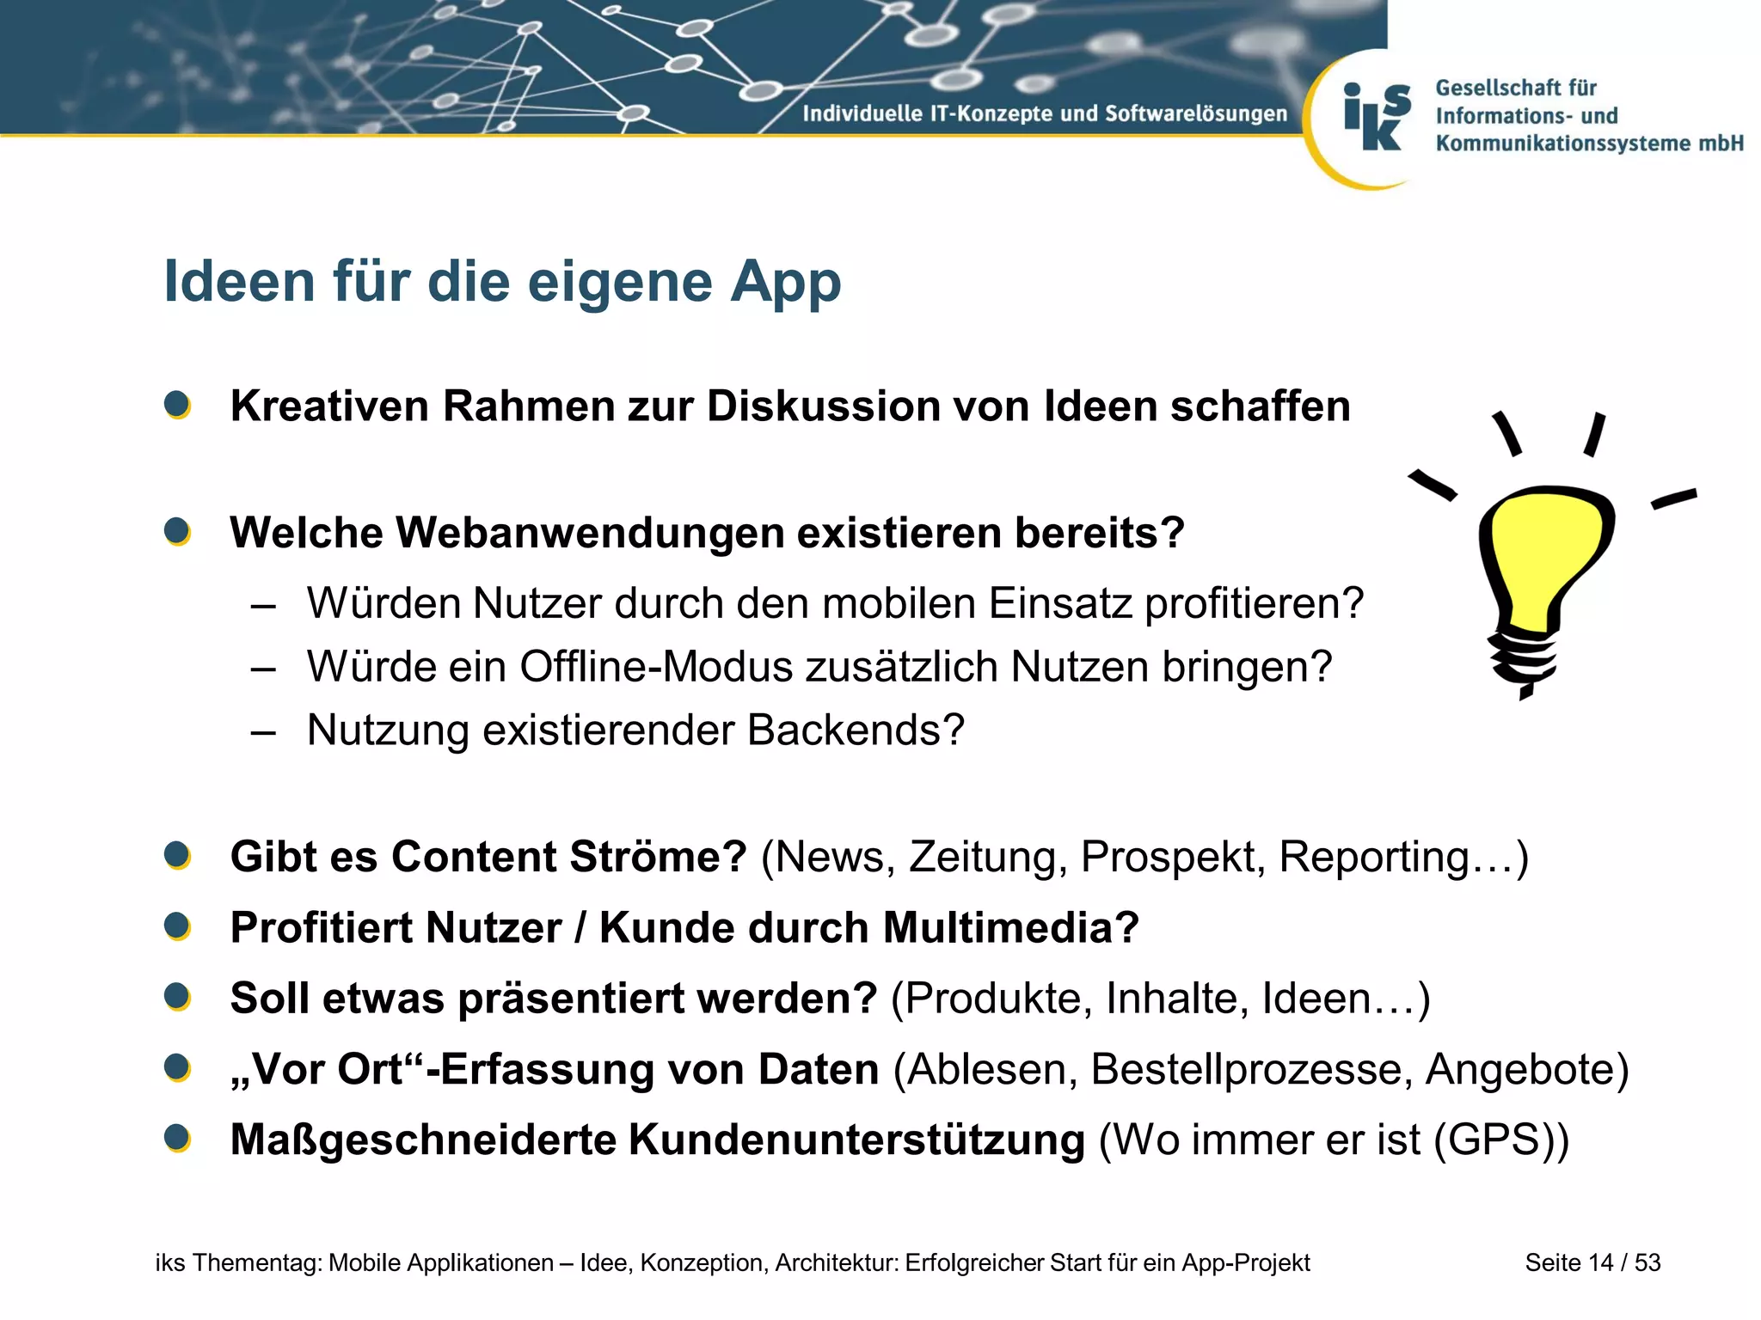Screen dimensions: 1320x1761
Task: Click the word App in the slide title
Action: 785,283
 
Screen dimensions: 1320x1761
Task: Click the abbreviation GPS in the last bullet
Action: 1501,1140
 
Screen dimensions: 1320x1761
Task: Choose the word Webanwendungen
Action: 592,533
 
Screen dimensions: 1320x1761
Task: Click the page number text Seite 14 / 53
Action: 1592,1262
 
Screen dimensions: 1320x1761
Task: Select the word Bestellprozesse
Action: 1250,1070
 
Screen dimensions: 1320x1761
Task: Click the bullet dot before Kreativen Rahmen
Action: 177,405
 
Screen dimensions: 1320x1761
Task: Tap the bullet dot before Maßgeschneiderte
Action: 177,1139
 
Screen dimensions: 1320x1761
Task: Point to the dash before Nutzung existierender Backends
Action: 263,732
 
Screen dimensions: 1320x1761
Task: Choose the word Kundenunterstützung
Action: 856,1140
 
